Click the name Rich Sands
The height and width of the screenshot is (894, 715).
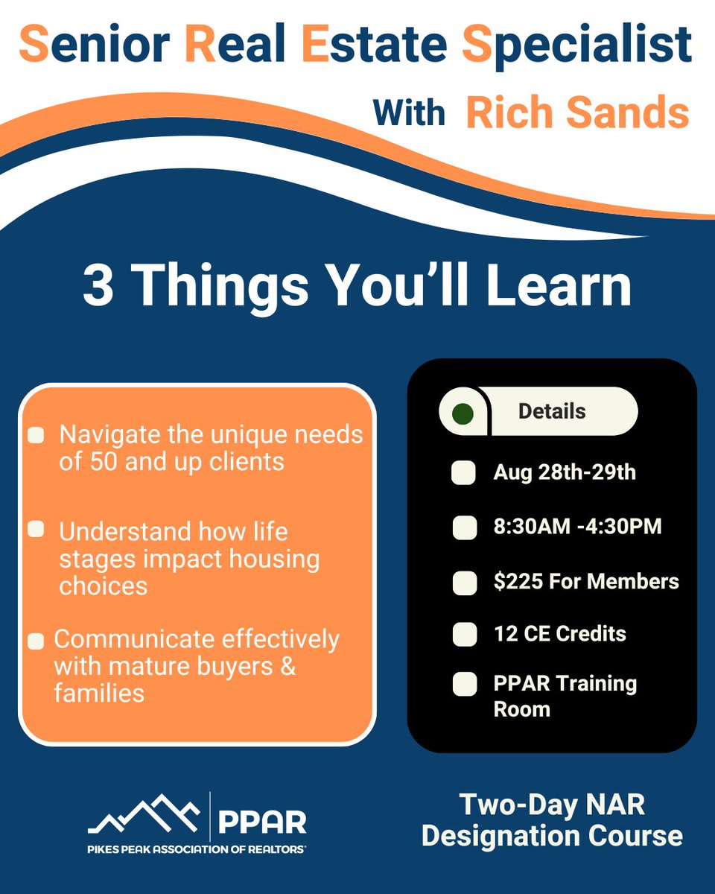577,113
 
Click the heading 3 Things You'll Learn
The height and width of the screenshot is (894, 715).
357,287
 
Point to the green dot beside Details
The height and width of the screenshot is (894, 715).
463,412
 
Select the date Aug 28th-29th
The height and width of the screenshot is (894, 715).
564,472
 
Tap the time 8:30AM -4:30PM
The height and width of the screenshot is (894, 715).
577,527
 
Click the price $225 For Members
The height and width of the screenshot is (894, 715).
585,581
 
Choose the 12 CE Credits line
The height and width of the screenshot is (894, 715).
559,634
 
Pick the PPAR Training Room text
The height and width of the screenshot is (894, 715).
565,696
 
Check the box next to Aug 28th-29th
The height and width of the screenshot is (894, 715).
464,474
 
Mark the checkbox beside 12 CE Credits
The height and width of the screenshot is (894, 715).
464,635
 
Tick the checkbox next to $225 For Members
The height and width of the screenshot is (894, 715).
464,582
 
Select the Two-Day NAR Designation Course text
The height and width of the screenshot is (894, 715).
551,820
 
